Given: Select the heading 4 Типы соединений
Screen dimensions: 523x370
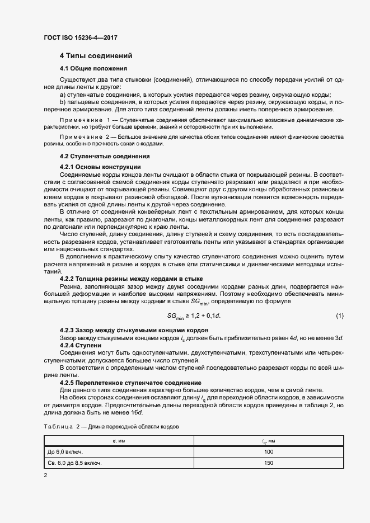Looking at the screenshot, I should pos(96,56).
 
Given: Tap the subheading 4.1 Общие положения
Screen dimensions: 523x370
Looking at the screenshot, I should pos(93,68).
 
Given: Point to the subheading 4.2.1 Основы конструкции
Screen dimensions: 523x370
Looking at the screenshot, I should pos(100,167).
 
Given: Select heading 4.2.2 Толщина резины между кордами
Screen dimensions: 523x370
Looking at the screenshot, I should pos(131,279).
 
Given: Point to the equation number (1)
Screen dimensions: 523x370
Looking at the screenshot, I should pos(340,317).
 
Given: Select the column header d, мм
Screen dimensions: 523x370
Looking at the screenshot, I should pos(118,441).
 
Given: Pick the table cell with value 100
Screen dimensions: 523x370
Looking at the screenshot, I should pos(269,451).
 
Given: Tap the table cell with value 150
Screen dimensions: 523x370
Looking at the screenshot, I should pos(269,463).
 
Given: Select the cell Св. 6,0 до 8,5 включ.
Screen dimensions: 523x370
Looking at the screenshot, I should pos(74,463).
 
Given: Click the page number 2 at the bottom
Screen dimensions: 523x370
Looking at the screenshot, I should pos(45,475).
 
